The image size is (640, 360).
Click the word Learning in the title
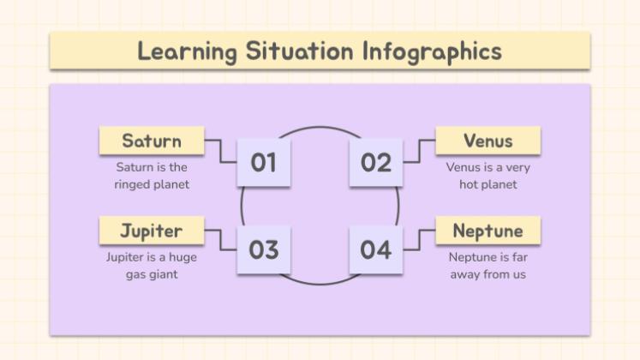187,51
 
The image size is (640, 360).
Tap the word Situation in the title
299,51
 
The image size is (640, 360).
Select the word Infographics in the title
433,51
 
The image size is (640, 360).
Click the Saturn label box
152,141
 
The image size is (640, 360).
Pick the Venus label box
488,141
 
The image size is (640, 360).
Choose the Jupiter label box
152,231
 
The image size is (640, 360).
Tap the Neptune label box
488,231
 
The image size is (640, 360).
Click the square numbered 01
264,163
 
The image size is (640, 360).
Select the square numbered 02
376,163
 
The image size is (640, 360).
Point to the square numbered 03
264,249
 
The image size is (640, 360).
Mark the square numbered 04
376,249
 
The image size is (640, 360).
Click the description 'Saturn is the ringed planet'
152,176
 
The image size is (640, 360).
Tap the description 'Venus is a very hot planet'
488,176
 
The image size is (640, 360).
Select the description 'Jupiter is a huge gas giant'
152,266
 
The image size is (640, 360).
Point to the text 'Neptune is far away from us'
488,266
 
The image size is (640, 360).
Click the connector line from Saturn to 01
220,152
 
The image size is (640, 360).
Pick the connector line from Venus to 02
420,152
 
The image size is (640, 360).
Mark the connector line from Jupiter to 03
220,240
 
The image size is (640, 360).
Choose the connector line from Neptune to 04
420,240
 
